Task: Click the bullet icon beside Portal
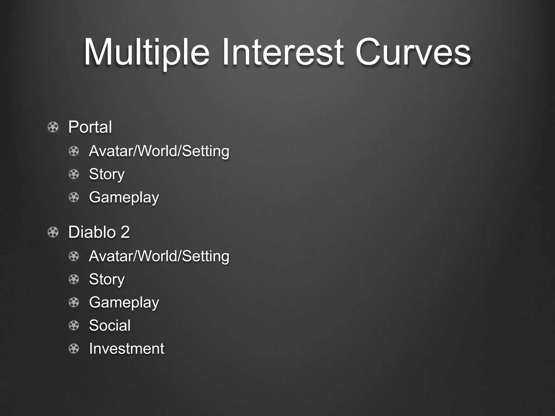53,127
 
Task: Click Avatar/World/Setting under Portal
159,151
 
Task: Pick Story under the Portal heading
107,174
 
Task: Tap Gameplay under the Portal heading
124,197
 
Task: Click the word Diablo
92,232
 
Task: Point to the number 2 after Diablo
125,232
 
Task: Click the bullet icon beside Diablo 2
53,232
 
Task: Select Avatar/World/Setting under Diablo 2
159,256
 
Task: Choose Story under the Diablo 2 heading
107,279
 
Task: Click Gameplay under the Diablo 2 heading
124,302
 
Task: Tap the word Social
110,325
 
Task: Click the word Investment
127,348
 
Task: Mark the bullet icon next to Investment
74,348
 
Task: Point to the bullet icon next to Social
74,325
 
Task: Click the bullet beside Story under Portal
74,174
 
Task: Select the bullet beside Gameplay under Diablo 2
74,302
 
